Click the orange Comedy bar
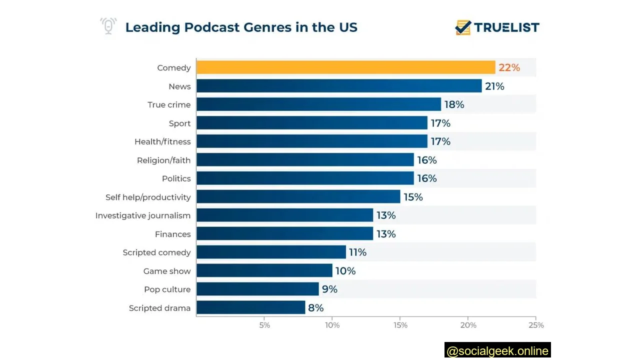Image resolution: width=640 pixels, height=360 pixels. tap(345, 67)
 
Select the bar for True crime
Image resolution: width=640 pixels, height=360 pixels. tap(318, 104)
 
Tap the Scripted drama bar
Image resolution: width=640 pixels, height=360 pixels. tap(250, 307)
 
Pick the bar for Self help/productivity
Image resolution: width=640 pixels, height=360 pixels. tap(298, 197)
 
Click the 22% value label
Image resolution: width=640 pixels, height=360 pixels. tap(509, 67)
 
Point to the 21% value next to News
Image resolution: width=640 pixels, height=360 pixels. tap(494, 86)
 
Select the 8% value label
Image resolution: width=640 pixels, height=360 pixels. tap(315, 307)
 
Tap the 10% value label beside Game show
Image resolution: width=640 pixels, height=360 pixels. tap(345, 271)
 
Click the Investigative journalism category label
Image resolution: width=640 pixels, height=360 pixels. tap(143, 215)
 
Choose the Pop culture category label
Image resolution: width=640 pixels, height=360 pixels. tap(167, 289)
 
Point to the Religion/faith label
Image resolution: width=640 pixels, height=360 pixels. tap(163, 160)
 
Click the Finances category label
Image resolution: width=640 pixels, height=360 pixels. tap(172, 234)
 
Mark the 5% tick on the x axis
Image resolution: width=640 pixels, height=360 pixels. tap(264, 325)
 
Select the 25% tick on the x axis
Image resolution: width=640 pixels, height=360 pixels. tap(536, 325)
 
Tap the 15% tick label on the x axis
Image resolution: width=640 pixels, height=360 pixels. tap(400, 325)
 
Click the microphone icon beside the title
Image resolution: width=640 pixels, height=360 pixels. tap(108, 26)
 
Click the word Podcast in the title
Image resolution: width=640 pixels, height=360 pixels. tap(212, 27)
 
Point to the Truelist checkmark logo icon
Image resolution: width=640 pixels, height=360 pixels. tap(463, 27)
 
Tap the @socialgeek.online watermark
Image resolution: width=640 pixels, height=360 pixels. tap(497, 351)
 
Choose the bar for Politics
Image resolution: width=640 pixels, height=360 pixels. tap(305, 178)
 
